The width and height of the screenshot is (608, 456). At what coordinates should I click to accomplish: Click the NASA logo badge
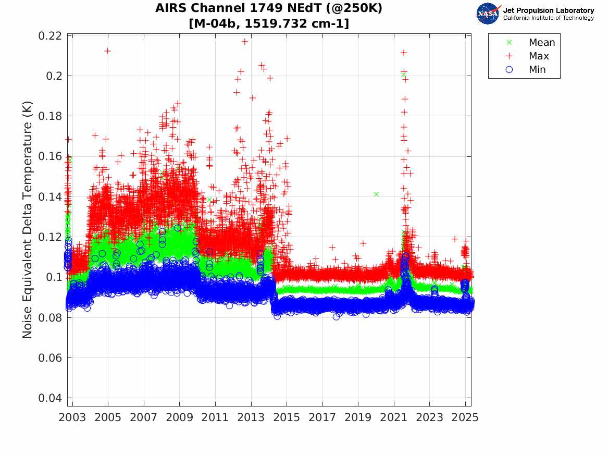click(489, 13)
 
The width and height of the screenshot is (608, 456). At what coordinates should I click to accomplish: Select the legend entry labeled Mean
click(541, 43)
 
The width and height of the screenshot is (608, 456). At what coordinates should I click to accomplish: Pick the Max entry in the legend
click(538, 56)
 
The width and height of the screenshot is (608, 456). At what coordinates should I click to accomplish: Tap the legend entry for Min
click(537, 70)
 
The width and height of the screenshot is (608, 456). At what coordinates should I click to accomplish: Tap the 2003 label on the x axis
click(72, 417)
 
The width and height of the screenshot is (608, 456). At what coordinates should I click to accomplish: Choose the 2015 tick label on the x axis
click(287, 417)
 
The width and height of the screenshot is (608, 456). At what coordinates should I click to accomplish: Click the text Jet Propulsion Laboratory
click(548, 10)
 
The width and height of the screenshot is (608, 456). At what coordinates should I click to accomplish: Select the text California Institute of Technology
click(548, 18)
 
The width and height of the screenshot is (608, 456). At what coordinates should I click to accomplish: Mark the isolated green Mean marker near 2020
click(376, 194)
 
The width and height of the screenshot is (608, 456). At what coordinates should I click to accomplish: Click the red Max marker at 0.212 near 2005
click(107, 51)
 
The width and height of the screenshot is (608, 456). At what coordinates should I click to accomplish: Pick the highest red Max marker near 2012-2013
click(244, 42)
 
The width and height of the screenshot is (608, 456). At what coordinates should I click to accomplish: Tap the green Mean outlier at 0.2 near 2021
click(403, 75)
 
